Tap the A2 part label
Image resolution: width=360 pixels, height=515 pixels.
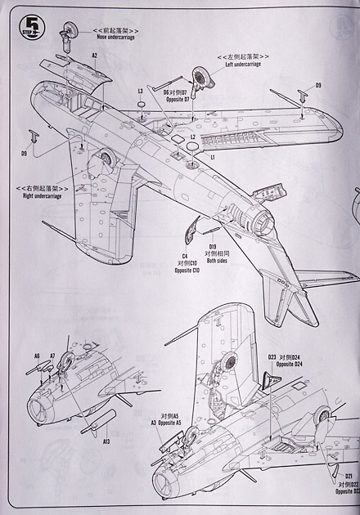pyautogui.click(x=95, y=56)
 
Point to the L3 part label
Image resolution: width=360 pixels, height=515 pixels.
pyautogui.click(x=141, y=91)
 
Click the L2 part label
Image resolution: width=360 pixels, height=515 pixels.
pyautogui.click(x=193, y=137)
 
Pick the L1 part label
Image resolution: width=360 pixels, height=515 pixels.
pyautogui.click(x=212, y=155)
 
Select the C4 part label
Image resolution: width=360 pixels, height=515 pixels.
pyautogui.click(x=185, y=256)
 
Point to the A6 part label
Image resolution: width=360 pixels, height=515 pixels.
pyautogui.click(x=37, y=356)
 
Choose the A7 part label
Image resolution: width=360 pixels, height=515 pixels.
pyautogui.click(x=52, y=356)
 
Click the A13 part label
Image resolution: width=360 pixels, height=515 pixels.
pyautogui.click(x=106, y=441)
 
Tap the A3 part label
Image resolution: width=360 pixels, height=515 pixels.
pyautogui.click(x=153, y=423)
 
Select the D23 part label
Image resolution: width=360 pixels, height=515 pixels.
pyautogui.click(x=272, y=357)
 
